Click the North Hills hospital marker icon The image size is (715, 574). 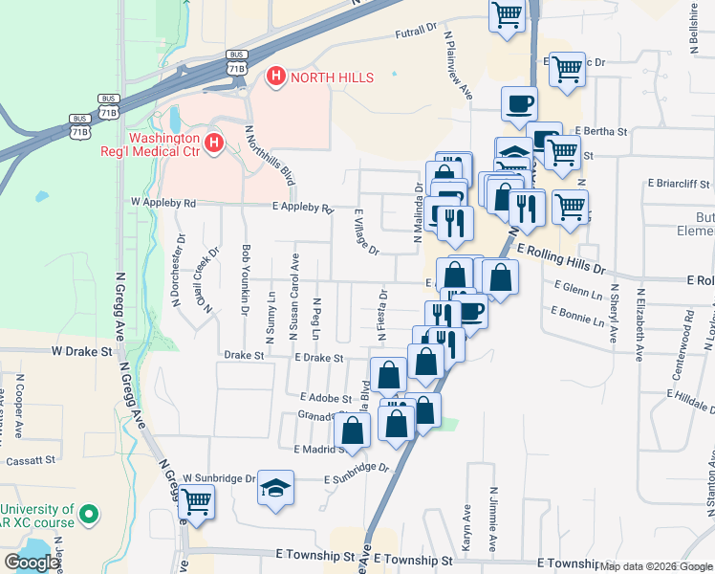pos(276,76)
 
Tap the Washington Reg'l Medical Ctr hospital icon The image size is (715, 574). pos(214,143)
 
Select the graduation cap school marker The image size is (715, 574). pos(275,488)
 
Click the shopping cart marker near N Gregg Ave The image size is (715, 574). pos(196,500)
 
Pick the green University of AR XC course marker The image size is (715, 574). pos(89,515)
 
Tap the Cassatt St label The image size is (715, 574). pos(32,460)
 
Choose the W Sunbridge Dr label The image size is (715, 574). pos(220,477)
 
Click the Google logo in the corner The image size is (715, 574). pos(32,563)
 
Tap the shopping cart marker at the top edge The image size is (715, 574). pos(507,14)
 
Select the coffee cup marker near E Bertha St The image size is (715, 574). pos(520,103)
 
